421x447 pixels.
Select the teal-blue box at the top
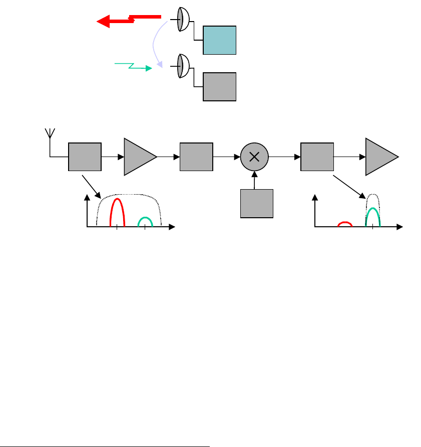coord(219,40)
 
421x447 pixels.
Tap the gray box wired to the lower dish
coord(219,86)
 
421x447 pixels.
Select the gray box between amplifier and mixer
coord(196,157)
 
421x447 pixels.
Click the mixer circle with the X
coord(254,157)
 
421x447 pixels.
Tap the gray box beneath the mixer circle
coord(256,203)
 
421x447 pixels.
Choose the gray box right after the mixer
coord(317,157)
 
